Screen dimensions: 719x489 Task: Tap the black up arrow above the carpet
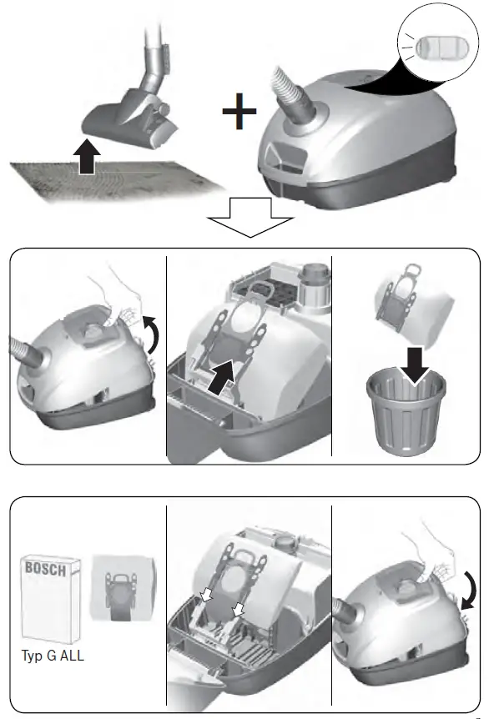coord(85,158)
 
